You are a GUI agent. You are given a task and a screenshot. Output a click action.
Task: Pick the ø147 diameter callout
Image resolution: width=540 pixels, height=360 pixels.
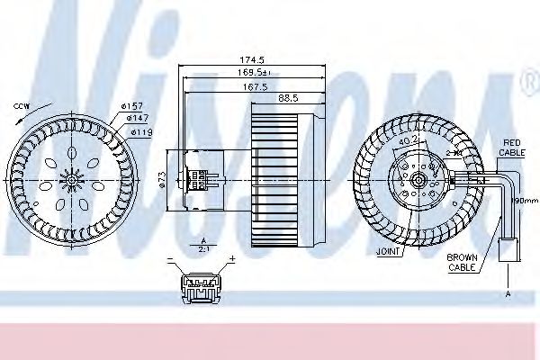pyautogui.click(x=136, y=119)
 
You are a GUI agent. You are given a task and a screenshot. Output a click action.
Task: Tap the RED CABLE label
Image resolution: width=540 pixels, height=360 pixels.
pyautogui.click(x=512, y=148)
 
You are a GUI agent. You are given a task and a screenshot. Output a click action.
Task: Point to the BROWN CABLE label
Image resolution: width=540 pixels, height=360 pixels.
pyautogui.click(x=463, y=262)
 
